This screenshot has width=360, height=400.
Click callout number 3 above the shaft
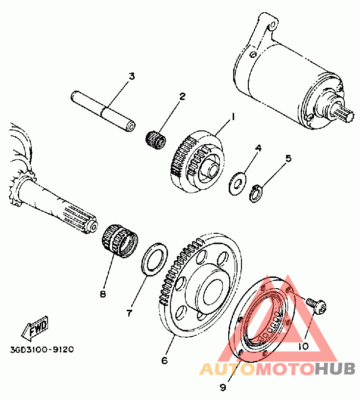click(x=131, y=76)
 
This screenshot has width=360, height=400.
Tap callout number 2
click(x=182, y=96)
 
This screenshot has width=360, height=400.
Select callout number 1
click(x=233, y=117)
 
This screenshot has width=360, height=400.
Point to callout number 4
click(x=259, y=147)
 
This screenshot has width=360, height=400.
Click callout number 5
click(x=288, y=158)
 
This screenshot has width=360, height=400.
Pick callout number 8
click(x=102, y=294)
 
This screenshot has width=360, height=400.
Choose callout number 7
click(x=129, y=312)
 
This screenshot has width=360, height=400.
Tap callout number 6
click(x=165, y=360)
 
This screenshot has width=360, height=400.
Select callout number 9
click(x=223, y=387)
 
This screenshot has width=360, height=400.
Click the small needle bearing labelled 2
click(x=156, y=137)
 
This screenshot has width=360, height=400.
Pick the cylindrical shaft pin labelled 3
click(x=104, y=110)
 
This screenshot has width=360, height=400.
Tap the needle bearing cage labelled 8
click(x=120, y=240)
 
